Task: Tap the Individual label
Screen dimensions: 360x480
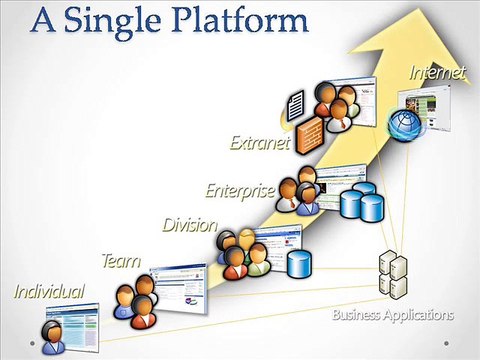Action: [x=49, y=292]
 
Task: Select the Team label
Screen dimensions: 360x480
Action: [x=120, y=261]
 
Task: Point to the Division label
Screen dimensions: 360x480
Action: [x=190, y=224]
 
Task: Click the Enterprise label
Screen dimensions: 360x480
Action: [x=240, y=189]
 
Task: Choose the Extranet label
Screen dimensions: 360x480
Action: [x=258, y=143]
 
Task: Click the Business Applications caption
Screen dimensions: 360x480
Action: [x=393, y=315]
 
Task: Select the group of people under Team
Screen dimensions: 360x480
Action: [x=136, y=299]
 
